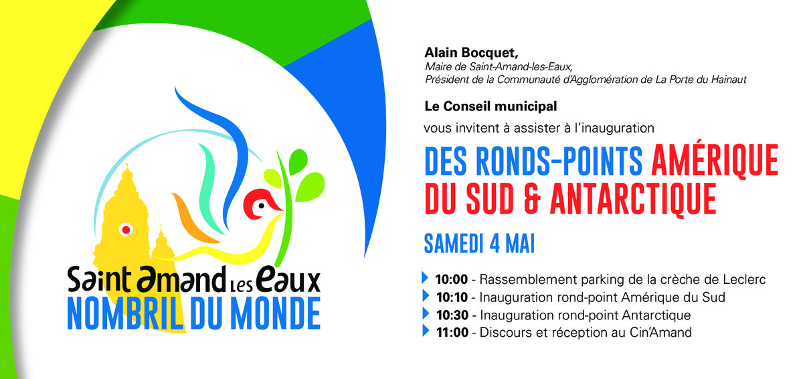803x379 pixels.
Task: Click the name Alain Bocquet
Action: coord(471,53)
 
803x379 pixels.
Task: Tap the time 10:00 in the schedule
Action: coord(451,279)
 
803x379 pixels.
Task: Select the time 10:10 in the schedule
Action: coord(452,297)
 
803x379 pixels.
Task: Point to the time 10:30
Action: coord(452,315)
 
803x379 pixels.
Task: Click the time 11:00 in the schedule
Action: coord(452,332)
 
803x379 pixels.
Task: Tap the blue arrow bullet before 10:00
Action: coord(425,277)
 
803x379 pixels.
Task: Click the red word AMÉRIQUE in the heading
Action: coord(715,160)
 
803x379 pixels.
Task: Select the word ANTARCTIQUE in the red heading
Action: coord(633,199)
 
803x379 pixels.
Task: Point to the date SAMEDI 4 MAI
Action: coord(479,244)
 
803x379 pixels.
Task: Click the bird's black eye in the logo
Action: coord(262,206)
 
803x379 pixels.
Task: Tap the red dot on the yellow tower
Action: coord(126,230)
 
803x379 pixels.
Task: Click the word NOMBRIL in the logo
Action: coord(125,313)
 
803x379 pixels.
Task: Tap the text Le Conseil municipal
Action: coord(490,106)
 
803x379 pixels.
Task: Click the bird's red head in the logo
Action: coord(261,204)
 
